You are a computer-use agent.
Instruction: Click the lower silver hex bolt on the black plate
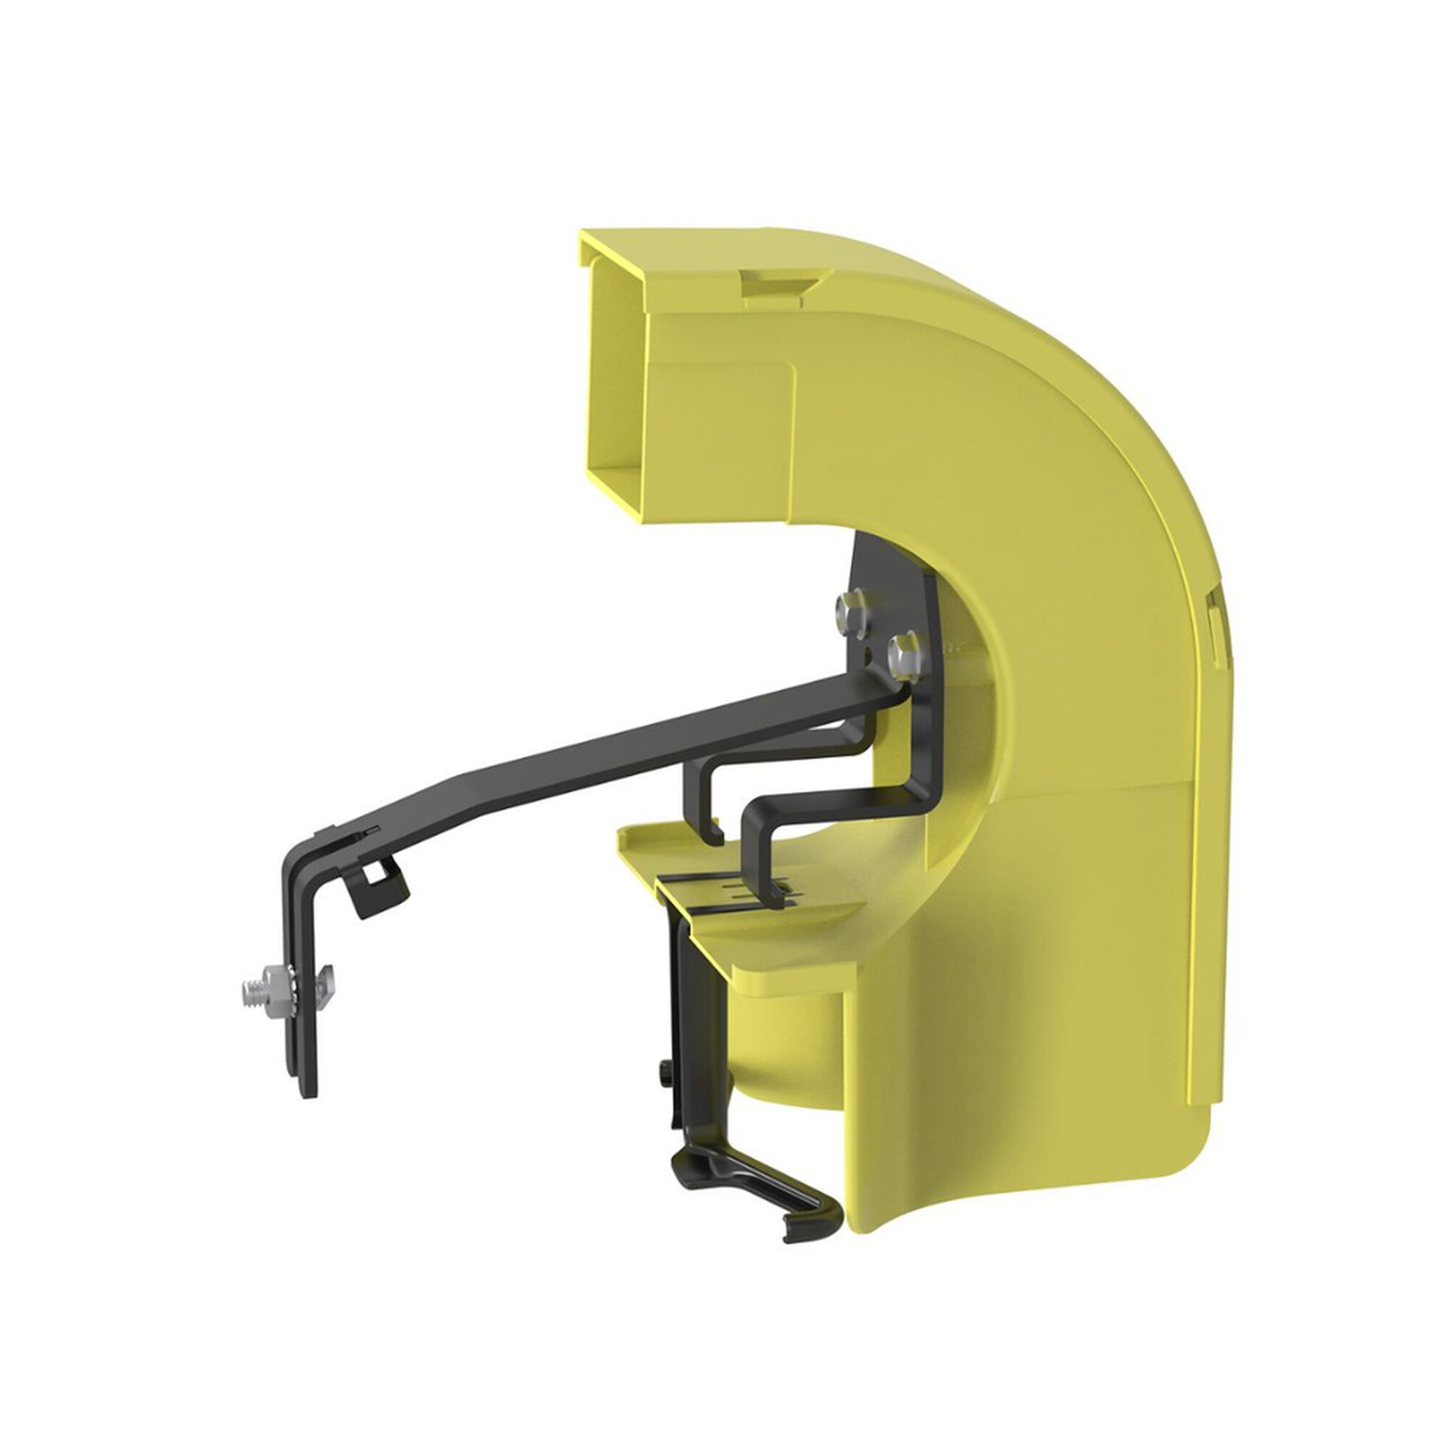point(904,652)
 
